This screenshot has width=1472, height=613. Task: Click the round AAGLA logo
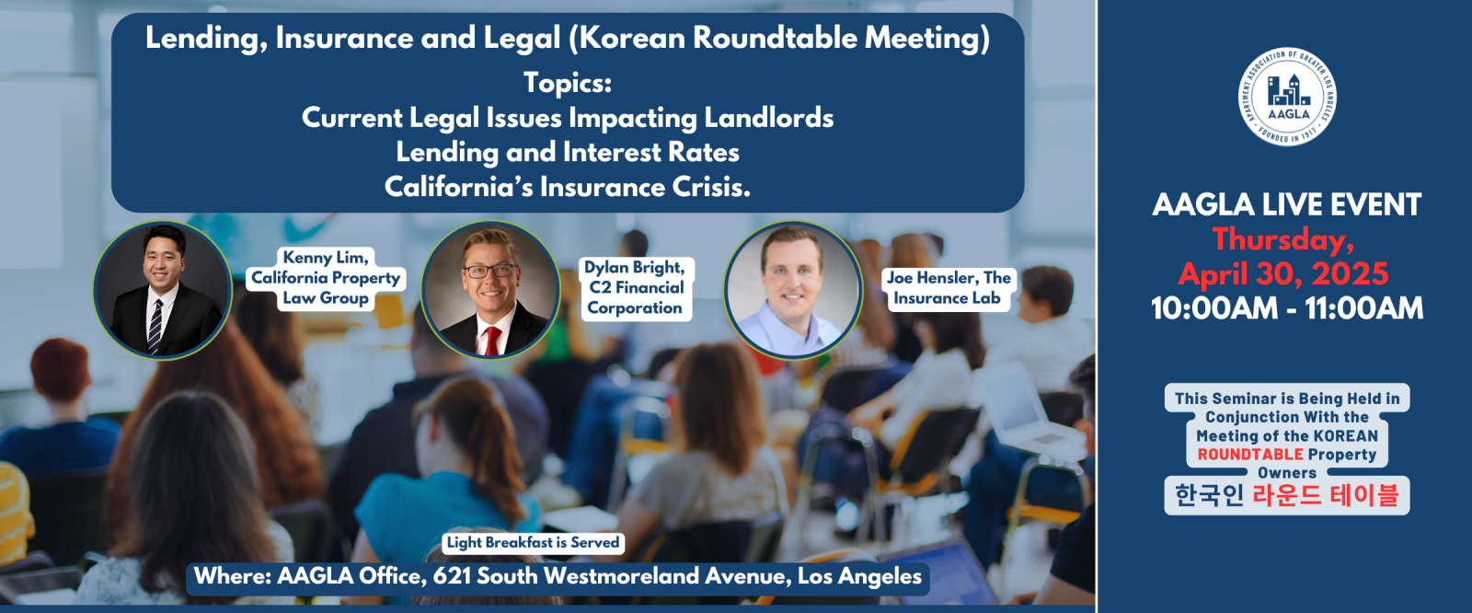pos(1287,97)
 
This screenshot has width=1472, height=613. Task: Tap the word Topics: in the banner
pos(568,84)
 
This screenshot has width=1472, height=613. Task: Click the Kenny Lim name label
pos(326,278)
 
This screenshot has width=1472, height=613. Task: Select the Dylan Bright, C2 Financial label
pos(636,288)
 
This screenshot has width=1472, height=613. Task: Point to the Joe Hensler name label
pos(949,288)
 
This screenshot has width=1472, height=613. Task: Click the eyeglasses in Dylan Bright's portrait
pos(490,271)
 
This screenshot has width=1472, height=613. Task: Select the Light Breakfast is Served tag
pos(533,543)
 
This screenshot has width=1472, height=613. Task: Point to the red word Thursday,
pos(1282,239)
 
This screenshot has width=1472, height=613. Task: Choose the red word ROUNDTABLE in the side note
pos(1250,455)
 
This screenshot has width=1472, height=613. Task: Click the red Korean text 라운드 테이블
pos(1326,495)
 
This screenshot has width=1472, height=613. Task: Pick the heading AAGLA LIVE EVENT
pos(1287,204)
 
